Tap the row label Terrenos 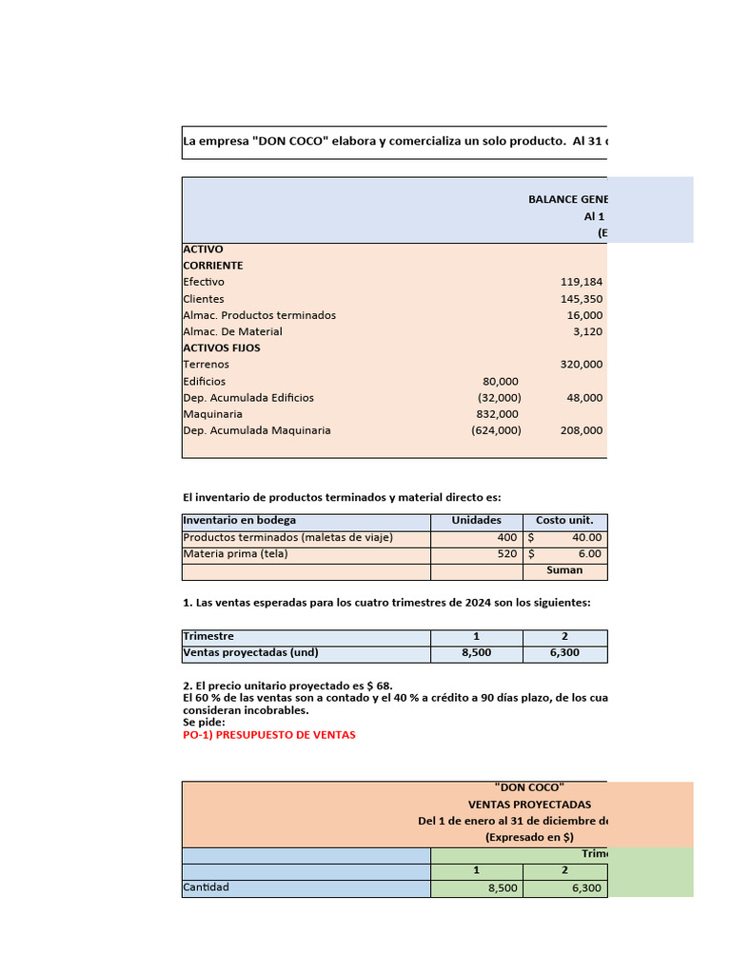pyautogui.click(x=206, y=365)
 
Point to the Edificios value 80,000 pyautogui.click(x=501, y=381)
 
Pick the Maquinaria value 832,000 pyautogui.click(x=497, y=414)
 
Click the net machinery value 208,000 pyautogui.click(x=581, y=430)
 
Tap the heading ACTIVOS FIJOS pyautogui.click(x=221, y=348)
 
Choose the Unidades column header pyautogui.click(x=476, y=521)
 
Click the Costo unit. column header pyautogui.click(x=564, y=521)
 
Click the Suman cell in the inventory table pyautogui.click(x=564, y=570)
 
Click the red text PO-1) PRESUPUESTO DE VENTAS pyautogui.click(x=268, y=735)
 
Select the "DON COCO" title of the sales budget pyautogui.click(x=529, y=788)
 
